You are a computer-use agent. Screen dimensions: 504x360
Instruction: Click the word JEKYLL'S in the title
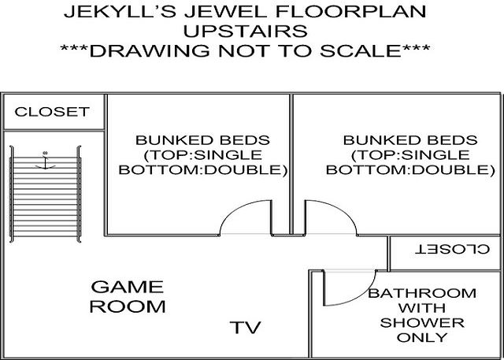click(x=120, y=12)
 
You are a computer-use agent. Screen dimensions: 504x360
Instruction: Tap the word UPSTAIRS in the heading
click(x=245, y=32)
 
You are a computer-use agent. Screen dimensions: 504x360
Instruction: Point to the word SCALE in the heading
click(x=361, y=50)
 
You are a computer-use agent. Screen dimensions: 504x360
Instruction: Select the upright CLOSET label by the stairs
click(x=52, y=112)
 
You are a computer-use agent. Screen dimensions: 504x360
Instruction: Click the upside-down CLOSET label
click(x=453, y=250)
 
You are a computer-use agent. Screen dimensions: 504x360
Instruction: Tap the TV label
click(x=245, y=327)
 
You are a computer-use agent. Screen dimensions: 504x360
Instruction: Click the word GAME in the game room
click(x=128, y=287)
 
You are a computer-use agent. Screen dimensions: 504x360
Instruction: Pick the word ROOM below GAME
click(x=128, y=306)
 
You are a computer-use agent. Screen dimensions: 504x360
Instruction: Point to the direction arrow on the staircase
click(x=46, y=160)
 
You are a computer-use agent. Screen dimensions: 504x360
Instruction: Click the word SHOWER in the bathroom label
click(x=422, y=323)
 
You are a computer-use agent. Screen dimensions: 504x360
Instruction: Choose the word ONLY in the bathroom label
click(x=422, y=337)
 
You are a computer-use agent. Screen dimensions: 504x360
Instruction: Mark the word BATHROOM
click(x=422, y=293)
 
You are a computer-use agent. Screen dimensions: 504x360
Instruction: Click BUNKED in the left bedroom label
click(x=170, y=140)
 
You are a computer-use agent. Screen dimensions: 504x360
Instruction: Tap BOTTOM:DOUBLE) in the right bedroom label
click(x=410, y=169)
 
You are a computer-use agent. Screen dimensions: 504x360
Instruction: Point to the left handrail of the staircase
click(x=12, y=194)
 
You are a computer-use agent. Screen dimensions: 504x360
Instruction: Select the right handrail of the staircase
click(x=79, y=194)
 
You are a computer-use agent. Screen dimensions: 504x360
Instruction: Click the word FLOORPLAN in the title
click(x=351, y=12)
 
